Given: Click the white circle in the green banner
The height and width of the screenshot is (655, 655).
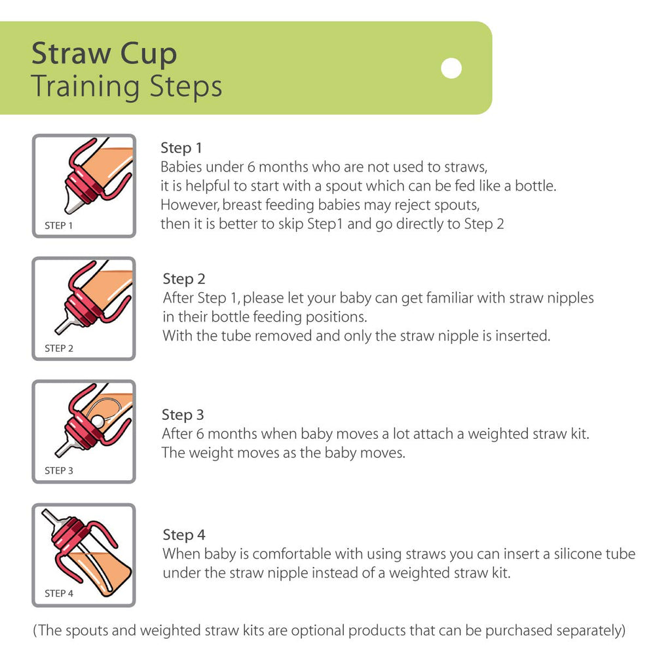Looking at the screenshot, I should coord(451,68).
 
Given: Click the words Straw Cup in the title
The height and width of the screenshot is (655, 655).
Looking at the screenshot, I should coord(104,54).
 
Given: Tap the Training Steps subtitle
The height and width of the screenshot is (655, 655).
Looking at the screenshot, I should coord(126,86).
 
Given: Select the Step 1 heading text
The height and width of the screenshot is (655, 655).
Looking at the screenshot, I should coord(181,148).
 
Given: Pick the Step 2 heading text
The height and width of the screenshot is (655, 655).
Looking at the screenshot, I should coord(184,279).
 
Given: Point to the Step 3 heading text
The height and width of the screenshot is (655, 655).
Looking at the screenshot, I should coord(183,415).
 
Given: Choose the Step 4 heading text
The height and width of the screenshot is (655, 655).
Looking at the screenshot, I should coord(184,534).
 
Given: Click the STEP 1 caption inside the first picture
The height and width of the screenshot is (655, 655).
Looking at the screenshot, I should coord(59,225).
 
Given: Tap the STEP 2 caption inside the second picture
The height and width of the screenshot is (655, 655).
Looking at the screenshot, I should coord(59,348).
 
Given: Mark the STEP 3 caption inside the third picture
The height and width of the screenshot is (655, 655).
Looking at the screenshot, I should coord(59,470).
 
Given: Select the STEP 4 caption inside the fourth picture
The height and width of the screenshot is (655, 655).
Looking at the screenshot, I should coord(59,593).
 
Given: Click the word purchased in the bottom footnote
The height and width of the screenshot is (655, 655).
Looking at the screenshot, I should coord(515,631).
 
